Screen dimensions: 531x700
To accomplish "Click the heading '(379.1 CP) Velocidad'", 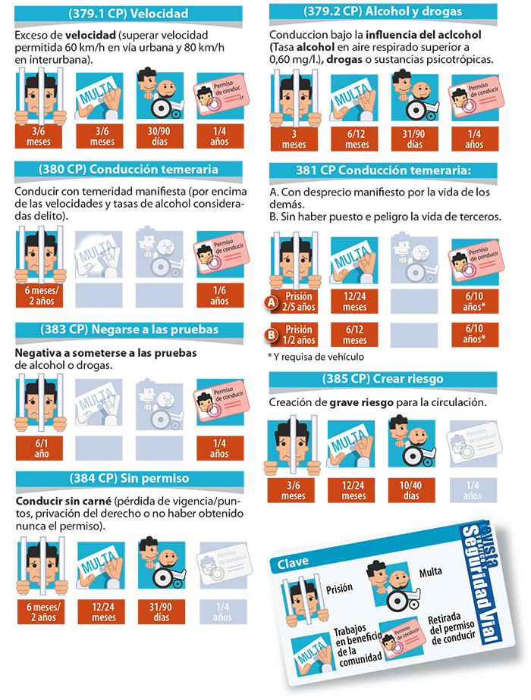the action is [x=128, y=14].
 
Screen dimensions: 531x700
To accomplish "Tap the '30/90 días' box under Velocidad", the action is [x=159, y=136].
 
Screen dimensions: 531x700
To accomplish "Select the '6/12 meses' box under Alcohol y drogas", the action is [x=357, y=139].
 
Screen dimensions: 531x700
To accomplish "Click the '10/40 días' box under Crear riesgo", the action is [x=411, y=490].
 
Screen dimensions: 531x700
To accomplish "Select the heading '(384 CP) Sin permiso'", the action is [x=129, y=478].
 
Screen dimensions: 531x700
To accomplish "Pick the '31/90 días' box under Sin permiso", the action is [x=161, y=611].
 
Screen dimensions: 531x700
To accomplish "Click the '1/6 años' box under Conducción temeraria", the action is [x=220, y=295].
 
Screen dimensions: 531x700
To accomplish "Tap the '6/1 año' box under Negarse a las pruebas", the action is [x=39, y=448].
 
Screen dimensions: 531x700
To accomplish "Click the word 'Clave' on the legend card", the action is [x=293, y=563].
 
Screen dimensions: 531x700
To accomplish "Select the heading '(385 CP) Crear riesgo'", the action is [x=382, y=379].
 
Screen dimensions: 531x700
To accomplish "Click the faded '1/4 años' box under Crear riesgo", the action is [x=473, y=490].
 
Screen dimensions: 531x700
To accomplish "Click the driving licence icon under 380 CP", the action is [x=220, y=254].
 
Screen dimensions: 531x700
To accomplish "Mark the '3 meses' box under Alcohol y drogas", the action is [x=294, y=139].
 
